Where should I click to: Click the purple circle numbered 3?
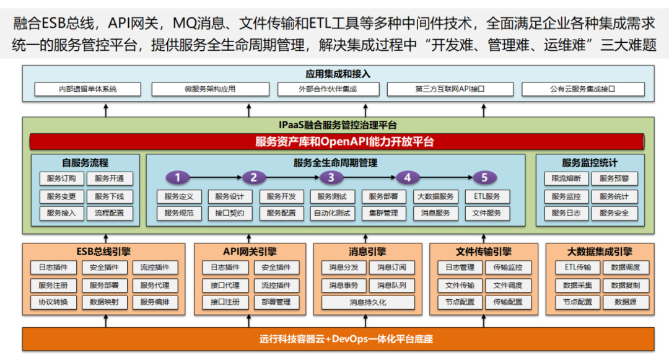pos(331,178)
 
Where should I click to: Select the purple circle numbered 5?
pos(485,178)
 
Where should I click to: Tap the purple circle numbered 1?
pos(178,178)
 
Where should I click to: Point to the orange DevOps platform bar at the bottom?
pos(338,339)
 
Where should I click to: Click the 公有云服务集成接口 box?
pos(582,89)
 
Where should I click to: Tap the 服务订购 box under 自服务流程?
pos(61,179)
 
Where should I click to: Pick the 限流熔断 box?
pos(566,179)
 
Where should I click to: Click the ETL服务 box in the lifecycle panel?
pos(487,197)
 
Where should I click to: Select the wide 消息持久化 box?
pos(368,302)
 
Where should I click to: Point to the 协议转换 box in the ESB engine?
pos(53,302)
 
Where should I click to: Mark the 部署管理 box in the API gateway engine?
pos(276,302)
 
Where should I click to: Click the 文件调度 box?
pos(508,286)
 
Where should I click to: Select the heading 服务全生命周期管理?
pos(335,164)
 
